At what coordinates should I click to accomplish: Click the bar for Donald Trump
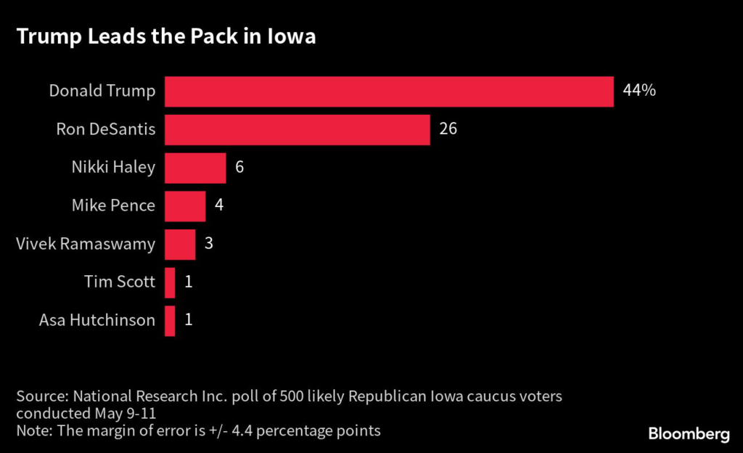point(389,91)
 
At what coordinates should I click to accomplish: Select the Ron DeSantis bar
point(297,130)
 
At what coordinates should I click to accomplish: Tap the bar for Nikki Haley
point(195,168)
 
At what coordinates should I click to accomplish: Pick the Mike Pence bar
point(185,206)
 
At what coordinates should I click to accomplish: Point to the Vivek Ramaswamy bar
point(180,244)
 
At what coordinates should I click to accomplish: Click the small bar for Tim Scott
point(170,282)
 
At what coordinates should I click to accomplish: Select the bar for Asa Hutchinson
point(170,320)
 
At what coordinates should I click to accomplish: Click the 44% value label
point(639,91)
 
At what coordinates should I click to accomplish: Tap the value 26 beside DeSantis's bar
point(448,130)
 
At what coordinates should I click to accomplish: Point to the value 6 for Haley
point(240,168)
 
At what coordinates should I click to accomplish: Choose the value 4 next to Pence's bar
point(219,206)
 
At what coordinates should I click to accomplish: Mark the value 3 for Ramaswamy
point(209,244)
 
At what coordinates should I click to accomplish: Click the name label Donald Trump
point(102,91)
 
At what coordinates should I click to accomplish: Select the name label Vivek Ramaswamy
point(86,244)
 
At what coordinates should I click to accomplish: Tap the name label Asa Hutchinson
point(97,320)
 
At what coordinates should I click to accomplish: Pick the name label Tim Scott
point(119,282)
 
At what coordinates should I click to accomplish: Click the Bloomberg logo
point(689,434)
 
